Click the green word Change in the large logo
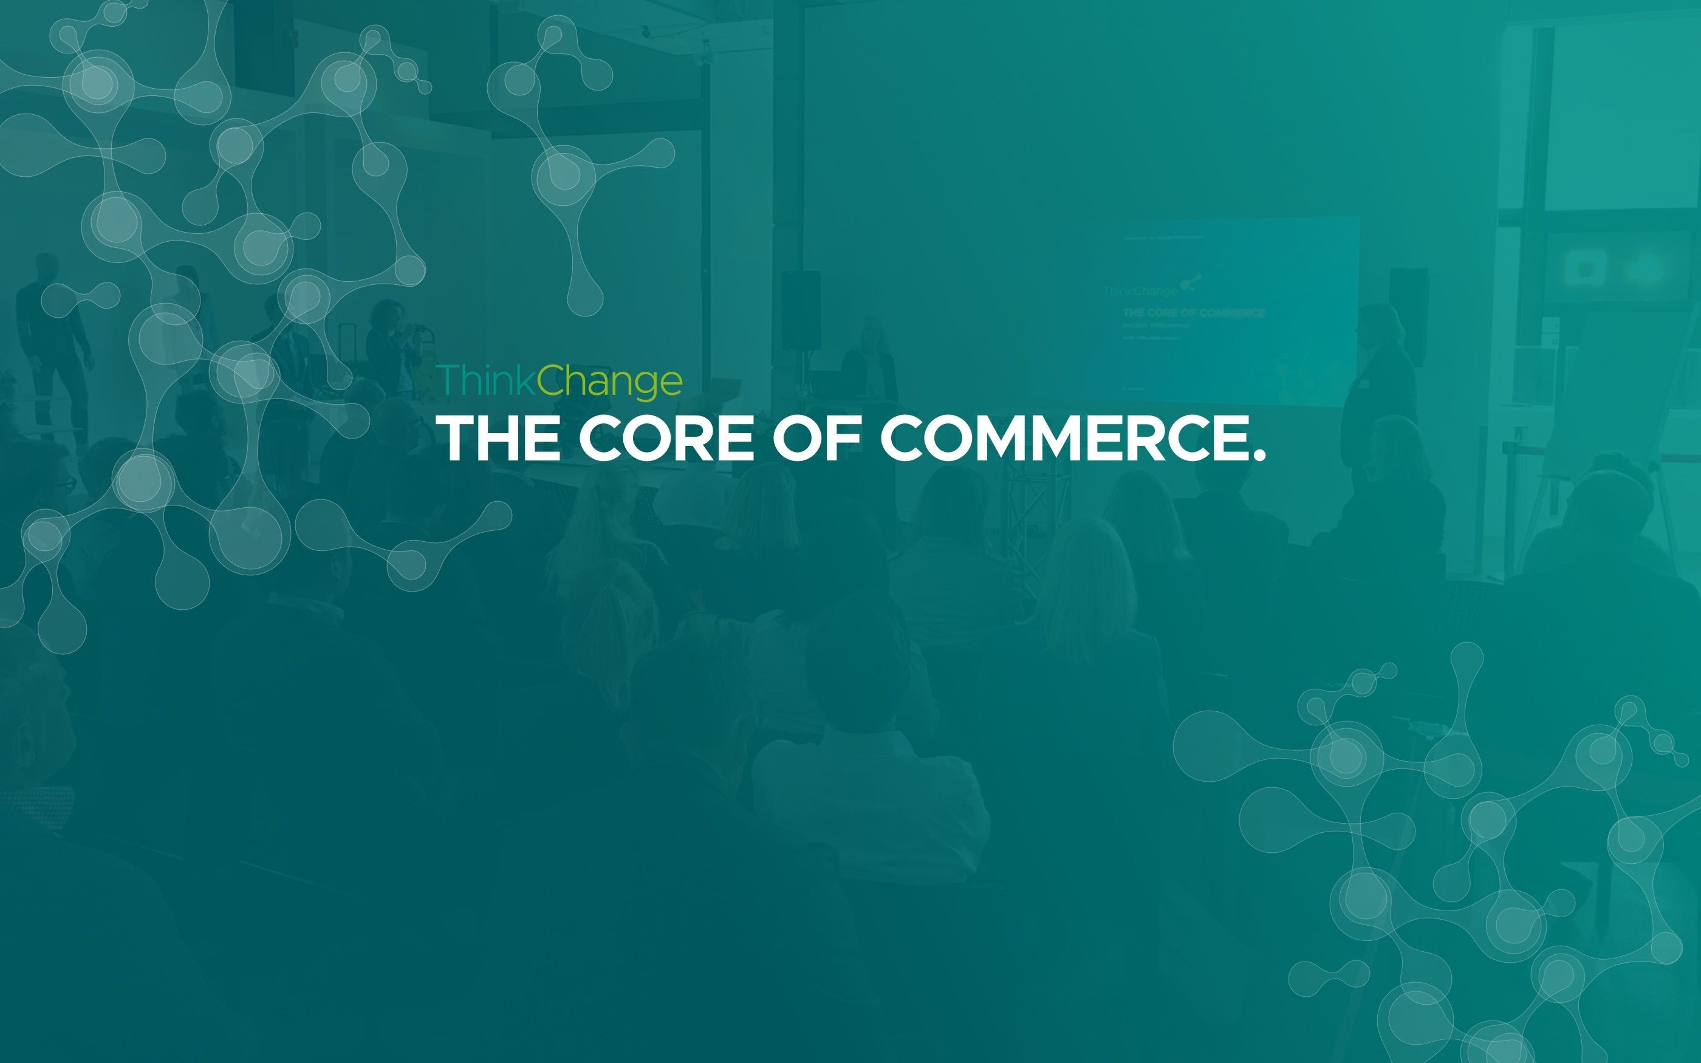609,381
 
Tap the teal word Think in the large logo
487,380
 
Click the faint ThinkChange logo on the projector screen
1140,291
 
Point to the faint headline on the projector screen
1194,313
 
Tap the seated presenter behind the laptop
870,358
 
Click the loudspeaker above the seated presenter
801,309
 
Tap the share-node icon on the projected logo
1190,283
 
